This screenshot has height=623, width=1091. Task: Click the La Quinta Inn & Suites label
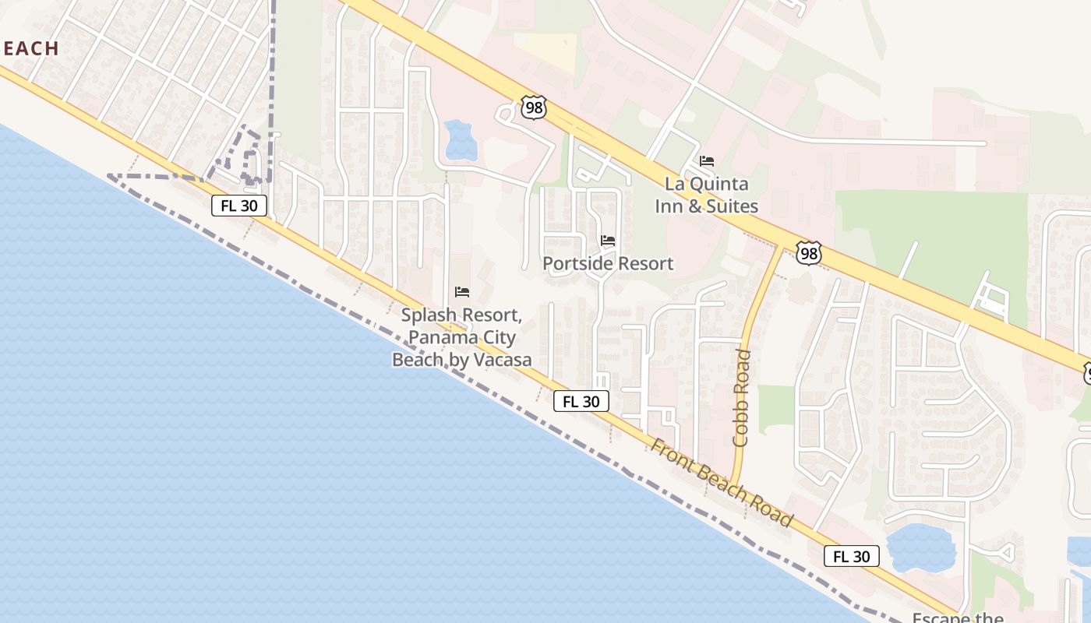(706, 195)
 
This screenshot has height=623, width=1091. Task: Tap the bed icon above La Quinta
(707, 161)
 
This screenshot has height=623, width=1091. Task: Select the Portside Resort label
(608, 263)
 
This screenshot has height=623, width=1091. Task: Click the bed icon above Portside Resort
(608, 241)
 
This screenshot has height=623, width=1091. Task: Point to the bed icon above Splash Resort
(462, 292)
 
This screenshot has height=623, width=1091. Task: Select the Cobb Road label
(742, 398)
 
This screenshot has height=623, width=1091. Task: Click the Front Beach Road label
(721, 483)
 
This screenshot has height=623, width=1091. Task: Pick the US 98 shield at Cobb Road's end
(809, 252)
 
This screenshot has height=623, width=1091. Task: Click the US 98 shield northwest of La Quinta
(534, 107)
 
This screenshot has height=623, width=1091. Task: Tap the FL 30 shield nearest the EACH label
(239, 206)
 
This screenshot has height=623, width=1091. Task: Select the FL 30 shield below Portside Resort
(581, 401)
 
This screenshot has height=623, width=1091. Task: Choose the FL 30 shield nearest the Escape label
(852, 556)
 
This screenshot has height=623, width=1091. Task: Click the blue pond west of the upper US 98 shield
(461, 140)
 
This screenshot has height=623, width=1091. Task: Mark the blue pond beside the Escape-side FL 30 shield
(921, 547)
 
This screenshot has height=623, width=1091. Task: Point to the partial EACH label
(30, 48)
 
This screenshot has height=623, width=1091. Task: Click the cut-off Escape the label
(959, 618)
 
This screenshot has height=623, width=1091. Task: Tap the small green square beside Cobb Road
(775, 406)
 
